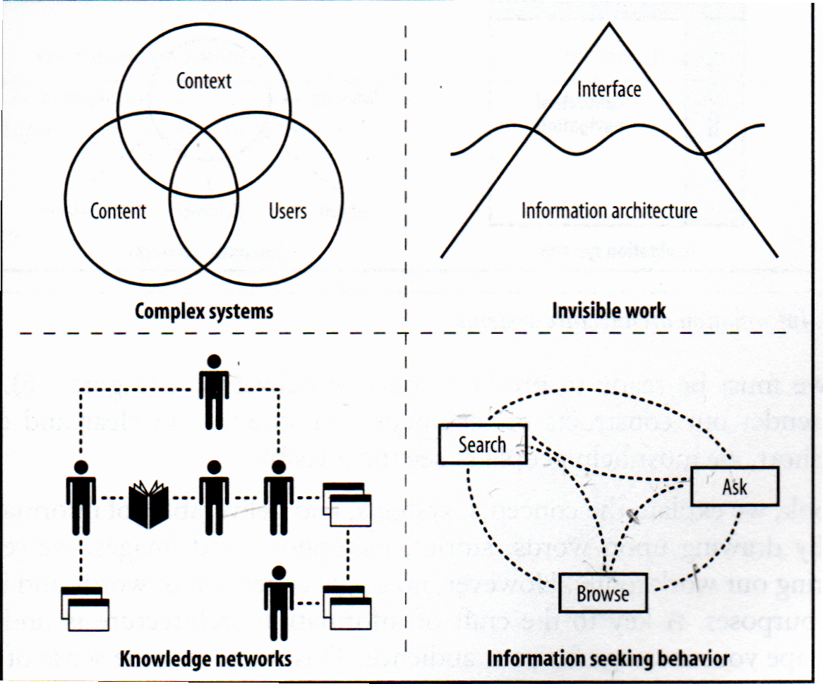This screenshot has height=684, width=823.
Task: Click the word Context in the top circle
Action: (x=203, y=80)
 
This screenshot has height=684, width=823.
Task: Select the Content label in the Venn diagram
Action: (x=118, y=210)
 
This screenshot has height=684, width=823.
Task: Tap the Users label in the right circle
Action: (x=287, y=210)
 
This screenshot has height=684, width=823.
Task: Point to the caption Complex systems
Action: (x=204, y=311)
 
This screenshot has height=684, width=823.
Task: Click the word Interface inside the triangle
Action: (x=608, y=89)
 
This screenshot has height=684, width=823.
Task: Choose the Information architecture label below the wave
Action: (x=608, y=210)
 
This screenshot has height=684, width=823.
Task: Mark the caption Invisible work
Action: (x=608, y=311)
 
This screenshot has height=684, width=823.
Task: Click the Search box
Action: (x=482, y=445)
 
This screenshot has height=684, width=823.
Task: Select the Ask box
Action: (x=734, y=486)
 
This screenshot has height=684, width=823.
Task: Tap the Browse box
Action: (x=603, y=593)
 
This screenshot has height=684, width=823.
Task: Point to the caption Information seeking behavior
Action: (x=608, y=659)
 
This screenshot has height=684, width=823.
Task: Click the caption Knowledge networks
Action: (x=205, y=659)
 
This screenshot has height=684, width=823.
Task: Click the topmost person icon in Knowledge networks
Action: (x=213, y=391)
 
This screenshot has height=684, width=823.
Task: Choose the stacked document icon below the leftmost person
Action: (x=85, y=608)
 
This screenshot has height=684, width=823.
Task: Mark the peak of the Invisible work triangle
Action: (x=608, y=25)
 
